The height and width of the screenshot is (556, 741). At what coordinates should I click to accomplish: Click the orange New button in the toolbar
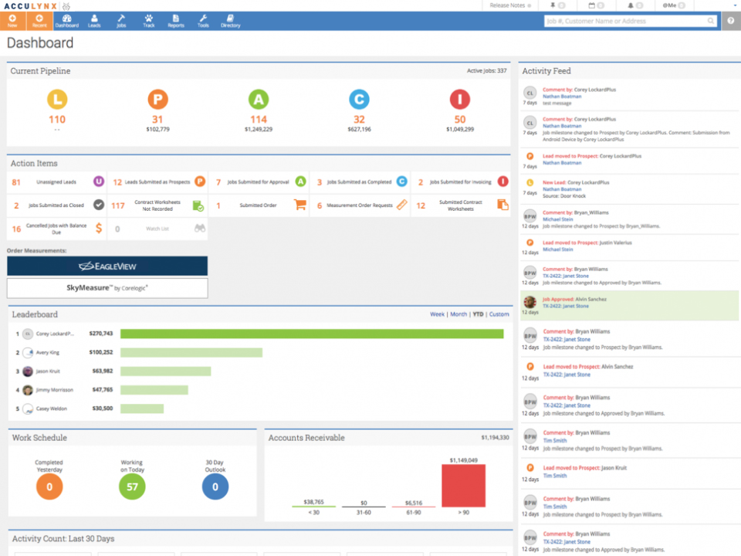[12, 21]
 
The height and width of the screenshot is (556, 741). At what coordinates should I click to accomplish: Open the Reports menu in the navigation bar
[176, 21]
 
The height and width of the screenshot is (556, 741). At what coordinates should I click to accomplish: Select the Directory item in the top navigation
[230, 21]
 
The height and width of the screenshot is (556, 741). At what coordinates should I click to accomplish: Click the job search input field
[625, 21]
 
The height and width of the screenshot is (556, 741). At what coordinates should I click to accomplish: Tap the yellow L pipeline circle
[57, 99]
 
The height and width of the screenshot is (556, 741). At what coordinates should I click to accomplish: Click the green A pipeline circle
[259, 99]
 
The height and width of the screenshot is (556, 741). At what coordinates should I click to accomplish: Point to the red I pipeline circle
[460, 99]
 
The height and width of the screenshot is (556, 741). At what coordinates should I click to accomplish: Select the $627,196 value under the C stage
[359, 130]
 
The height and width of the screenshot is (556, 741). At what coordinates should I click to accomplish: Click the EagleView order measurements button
[107, 266]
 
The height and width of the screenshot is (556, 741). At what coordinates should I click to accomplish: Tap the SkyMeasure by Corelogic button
[107, 288]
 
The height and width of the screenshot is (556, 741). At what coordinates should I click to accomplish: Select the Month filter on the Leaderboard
[458, 314]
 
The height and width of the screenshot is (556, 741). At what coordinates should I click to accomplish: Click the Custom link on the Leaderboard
[499, 314]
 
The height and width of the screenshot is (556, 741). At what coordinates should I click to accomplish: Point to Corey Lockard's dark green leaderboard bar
[312, 334]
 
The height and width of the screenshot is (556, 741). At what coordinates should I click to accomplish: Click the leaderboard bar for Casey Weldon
[142, 409]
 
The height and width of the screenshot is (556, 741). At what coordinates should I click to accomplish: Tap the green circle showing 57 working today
[132, 486]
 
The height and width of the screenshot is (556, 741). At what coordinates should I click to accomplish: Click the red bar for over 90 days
[463, 486]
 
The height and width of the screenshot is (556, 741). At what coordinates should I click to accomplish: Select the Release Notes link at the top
[508, 5]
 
